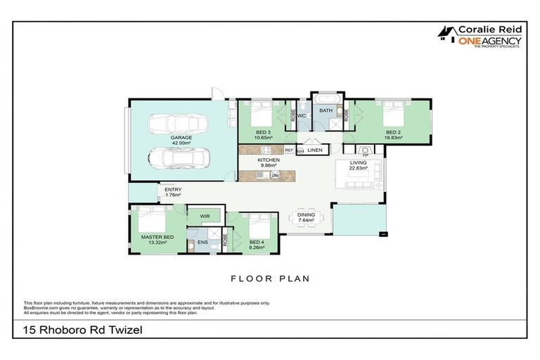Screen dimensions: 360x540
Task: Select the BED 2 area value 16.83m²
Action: [x=393, y=138]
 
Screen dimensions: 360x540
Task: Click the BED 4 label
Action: [x=257, y=243]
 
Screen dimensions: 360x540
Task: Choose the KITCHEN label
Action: [x=269, y=160]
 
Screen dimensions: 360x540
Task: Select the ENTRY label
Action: [x=173, y=189]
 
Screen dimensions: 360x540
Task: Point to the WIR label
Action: [x=205, y=216]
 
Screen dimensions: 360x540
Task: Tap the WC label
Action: [x=300, y=115]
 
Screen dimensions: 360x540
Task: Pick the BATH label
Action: [x=326, y=110]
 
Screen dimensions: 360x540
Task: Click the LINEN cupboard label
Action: [x=315, y=150]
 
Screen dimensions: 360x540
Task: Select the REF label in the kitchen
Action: [x=289, y=150]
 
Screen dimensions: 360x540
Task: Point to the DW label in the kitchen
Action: [x=276, y=174]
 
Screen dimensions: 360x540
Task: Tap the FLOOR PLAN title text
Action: [x=270, y=278]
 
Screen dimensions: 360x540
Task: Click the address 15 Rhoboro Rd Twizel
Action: [x=78, y=329]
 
